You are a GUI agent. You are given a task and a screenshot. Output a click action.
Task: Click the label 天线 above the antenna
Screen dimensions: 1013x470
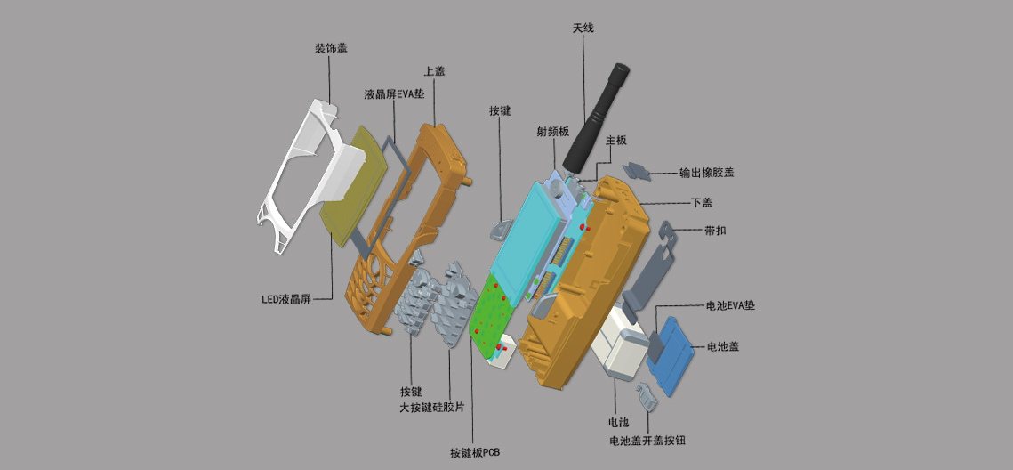click(x=583, y=28)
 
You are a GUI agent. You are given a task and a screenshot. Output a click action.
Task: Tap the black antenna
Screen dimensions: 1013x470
click(x=594, y=117)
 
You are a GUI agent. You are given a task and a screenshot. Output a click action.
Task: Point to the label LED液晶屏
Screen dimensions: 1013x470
click(x=286, y=299)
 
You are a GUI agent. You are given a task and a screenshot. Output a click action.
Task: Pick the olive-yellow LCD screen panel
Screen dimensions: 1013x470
click(x=354, y=184)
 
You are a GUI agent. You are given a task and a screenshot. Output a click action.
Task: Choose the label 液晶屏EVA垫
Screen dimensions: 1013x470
click(x=394, y=93)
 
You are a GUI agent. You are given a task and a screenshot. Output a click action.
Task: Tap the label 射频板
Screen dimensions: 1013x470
click(x=553, y=132)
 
